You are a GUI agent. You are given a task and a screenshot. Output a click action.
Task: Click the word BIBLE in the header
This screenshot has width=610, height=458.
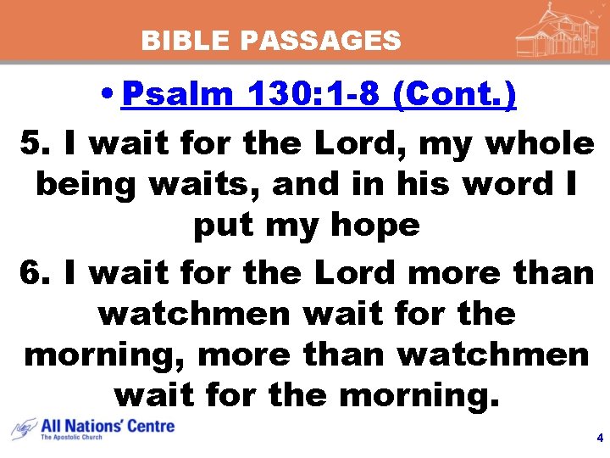(x=175, y=40)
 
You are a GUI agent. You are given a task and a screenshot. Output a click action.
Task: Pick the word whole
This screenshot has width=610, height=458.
(x=540, y=144)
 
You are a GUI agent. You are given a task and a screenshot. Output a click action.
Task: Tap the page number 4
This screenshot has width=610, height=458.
(x=600, y=438)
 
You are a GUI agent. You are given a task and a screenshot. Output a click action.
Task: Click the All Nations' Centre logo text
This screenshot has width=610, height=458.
(x=108, y=426)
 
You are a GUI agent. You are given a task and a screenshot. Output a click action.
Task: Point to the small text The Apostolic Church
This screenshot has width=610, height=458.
(x=72, y=438)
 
